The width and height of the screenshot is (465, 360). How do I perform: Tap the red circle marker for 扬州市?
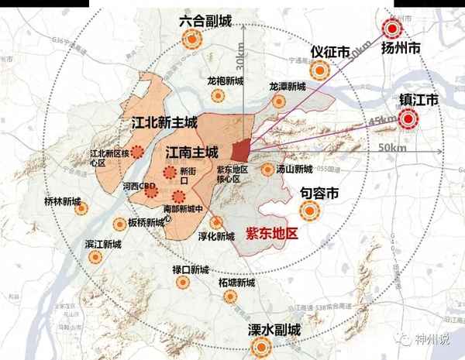pos(393,29)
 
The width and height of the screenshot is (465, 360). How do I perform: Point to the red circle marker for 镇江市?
pos(408,119)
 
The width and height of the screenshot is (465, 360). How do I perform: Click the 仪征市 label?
pos(326,50)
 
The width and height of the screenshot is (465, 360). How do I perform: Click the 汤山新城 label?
pos(294,169)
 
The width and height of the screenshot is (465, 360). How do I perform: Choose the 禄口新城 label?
pos(191,269)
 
